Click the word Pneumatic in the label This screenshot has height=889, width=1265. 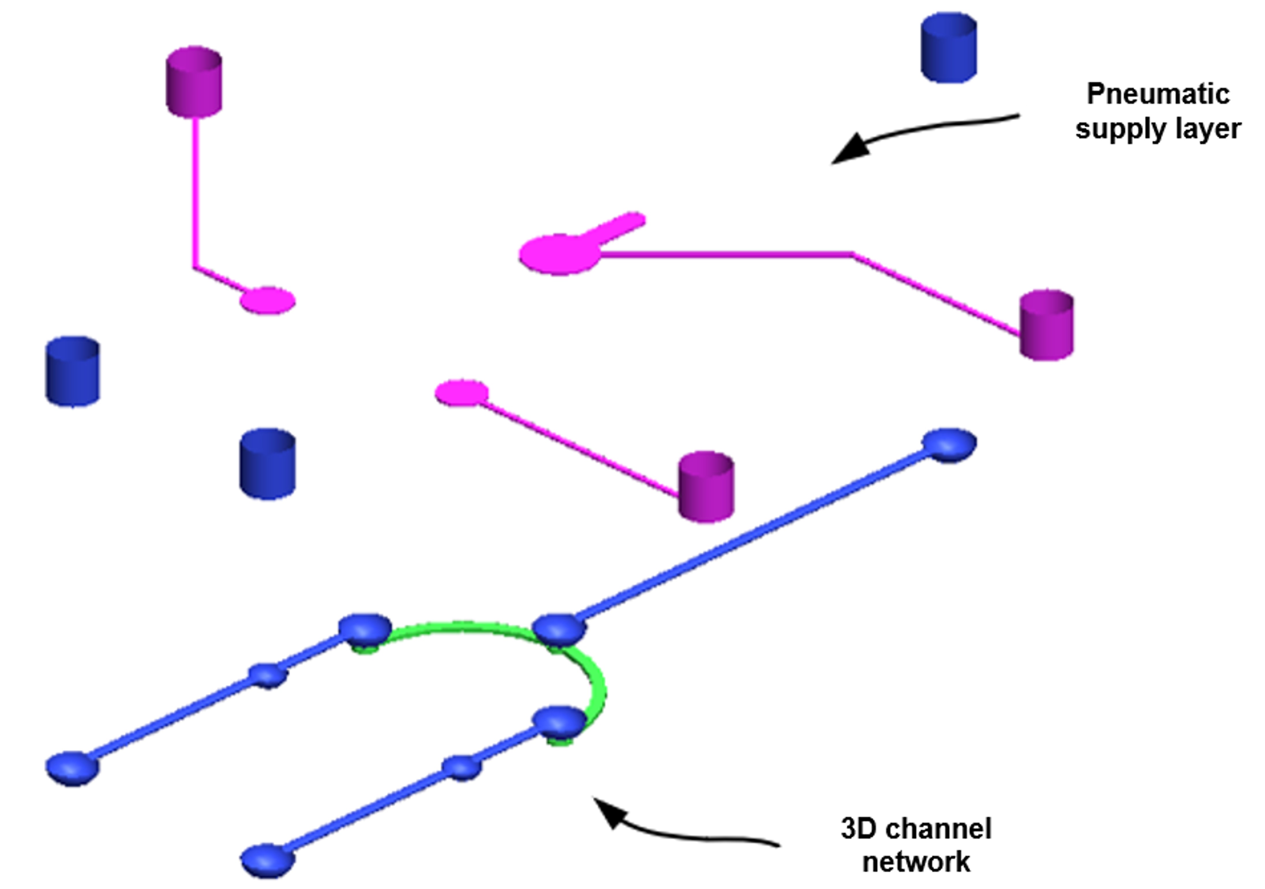tap(1158, 94)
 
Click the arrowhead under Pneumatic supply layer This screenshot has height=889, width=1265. tap(851, 148)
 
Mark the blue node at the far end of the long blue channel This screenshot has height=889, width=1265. tap(949, 444)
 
